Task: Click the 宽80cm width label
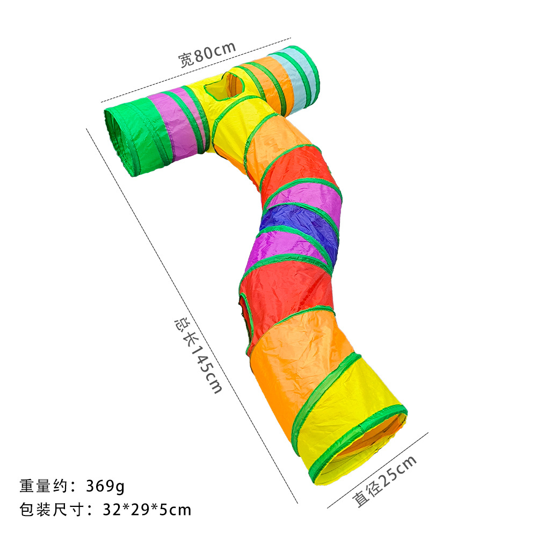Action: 207,54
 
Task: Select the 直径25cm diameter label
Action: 384,481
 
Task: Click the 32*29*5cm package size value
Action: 147,510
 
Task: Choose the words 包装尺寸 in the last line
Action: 52,510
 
